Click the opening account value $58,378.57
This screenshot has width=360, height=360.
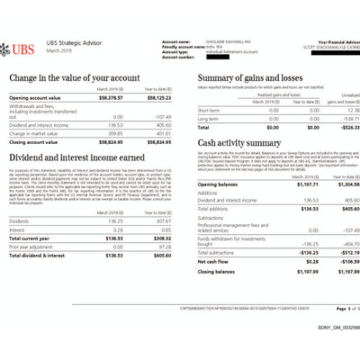110,96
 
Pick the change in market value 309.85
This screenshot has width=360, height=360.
113,132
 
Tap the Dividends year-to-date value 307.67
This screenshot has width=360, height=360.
158,220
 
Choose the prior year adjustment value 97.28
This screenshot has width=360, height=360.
159,246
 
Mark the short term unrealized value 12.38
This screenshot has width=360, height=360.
349,111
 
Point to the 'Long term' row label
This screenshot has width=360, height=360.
208,118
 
